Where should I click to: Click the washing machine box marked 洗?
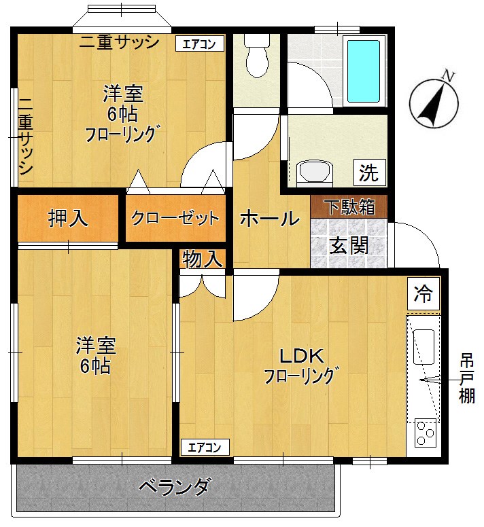click(368, 172)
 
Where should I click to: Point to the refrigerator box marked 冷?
click(423, 294)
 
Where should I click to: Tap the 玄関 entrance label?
click(349, 245)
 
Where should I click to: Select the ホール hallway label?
click(270, 219)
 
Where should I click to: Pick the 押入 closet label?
click(67, 218)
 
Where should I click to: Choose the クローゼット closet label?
click(175, 219)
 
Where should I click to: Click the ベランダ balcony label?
click(175, 487)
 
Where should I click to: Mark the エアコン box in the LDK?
click(205, 447)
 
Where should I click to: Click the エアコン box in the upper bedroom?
click(199, 44)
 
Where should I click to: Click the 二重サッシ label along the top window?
click(119, 42)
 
